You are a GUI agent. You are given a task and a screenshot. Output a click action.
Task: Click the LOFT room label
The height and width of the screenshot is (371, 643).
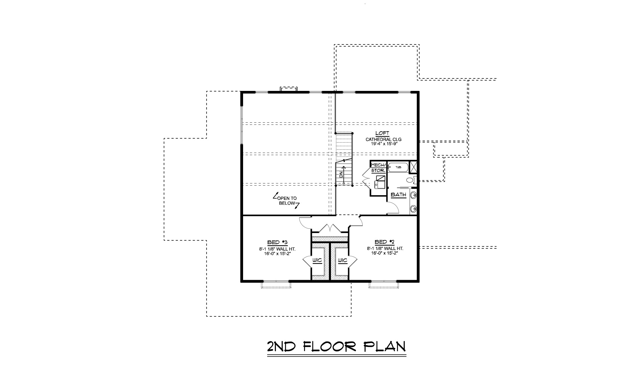click(x=382, y=133)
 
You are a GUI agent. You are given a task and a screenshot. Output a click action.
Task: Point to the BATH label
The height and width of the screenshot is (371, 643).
click(x=399, y=195)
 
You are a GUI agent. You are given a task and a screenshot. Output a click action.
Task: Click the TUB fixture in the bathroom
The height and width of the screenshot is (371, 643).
click(x=398, y=167)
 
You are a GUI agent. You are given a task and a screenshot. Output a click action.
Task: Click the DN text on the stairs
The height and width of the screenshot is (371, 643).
click(x=341, y=174)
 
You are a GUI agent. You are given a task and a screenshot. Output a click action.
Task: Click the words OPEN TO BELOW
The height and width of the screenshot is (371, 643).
click(x=287, y=201)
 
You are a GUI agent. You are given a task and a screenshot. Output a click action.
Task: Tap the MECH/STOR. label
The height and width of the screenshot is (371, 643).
click(x=378, y=168)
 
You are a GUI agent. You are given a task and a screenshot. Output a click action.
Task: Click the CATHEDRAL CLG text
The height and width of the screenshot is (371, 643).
click(x=383, y=139)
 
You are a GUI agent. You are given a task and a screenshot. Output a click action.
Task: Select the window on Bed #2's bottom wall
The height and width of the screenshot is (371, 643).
click(x=383, y=282)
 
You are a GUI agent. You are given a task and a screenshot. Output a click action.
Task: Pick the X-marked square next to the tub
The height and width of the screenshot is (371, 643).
click(x=414, y=167)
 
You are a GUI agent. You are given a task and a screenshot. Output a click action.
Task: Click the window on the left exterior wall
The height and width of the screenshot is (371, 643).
click(x=242, y=125)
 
